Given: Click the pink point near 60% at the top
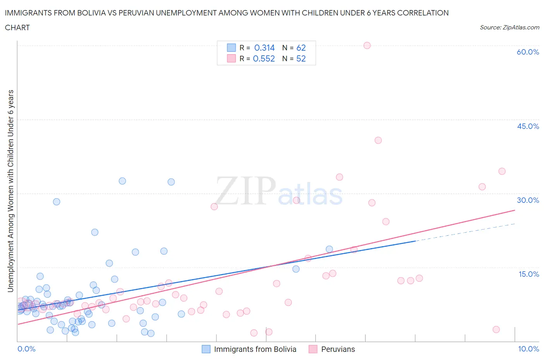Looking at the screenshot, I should [367, 45].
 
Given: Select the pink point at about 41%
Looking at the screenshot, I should [378, 140].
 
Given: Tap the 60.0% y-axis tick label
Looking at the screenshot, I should [528, 52].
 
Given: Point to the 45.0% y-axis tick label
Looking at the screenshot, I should [528, 126].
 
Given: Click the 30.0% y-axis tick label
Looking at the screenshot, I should [528, 200].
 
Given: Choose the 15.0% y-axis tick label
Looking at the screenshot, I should [528, 274].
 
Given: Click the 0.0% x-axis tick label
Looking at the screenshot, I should [26, 349].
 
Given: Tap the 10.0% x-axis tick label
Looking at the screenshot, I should [528, 349].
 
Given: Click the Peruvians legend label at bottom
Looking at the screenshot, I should [338, 349].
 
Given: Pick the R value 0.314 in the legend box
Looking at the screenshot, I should [264, 48].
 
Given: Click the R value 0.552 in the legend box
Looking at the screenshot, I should [263, 58].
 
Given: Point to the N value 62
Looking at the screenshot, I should [301, 48].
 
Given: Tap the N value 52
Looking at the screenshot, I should [301, 58].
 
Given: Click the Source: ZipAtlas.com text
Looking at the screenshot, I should [509, 27].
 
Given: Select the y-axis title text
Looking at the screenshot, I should [10, 191].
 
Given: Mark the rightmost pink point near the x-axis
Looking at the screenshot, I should [496, 329].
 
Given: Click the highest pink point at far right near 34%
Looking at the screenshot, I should [502, 171].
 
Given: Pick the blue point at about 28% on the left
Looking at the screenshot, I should [56, 202].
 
